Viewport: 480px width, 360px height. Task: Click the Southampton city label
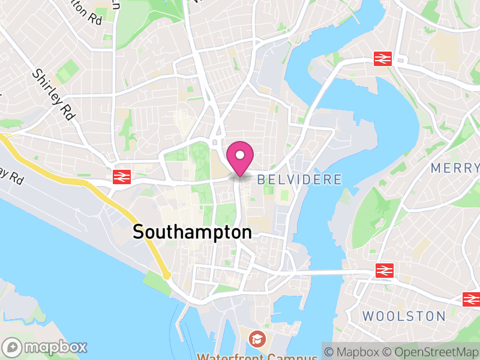pos(192,232)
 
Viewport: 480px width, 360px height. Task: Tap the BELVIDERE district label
pos(299,179)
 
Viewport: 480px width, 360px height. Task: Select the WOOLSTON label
pos(404,316)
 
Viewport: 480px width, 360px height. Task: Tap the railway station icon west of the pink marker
pos(122,176)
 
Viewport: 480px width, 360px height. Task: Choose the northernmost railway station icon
pos(382,58)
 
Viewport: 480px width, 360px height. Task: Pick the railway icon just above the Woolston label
pos(384,271)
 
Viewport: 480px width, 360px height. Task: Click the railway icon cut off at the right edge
pos(472,298)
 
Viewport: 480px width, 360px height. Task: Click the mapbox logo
pos(46,347)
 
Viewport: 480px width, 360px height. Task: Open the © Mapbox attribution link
pos(356,352)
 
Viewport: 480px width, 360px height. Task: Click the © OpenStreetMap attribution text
pos(431,352)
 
